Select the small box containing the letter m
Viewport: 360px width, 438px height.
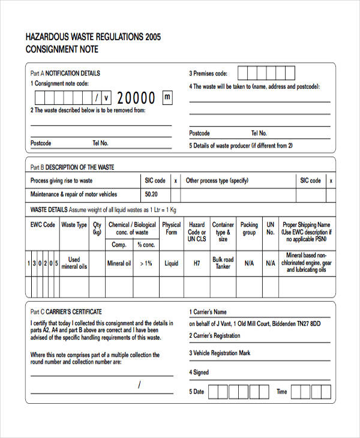167,97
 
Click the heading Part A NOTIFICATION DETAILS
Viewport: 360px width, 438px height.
65,73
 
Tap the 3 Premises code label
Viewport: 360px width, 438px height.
208,73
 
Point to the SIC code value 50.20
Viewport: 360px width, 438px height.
151,194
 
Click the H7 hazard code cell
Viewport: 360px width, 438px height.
197,263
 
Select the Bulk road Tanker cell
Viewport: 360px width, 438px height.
223,263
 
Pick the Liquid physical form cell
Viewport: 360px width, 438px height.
172,263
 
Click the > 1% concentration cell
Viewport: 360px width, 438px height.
146,263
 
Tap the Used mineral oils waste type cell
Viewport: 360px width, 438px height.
74,263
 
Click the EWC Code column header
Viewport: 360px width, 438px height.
43,225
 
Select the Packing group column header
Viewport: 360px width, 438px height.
249,229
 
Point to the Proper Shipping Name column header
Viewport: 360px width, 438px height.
306,232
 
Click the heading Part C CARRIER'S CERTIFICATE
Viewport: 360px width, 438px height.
66,311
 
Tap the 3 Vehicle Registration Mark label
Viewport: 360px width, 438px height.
220,353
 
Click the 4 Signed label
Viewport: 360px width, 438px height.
199,372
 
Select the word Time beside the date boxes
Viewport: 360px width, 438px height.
281,392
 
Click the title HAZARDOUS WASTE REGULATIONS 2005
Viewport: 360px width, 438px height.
93,37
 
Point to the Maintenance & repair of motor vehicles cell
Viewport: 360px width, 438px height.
74,194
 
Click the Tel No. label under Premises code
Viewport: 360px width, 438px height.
259,133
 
